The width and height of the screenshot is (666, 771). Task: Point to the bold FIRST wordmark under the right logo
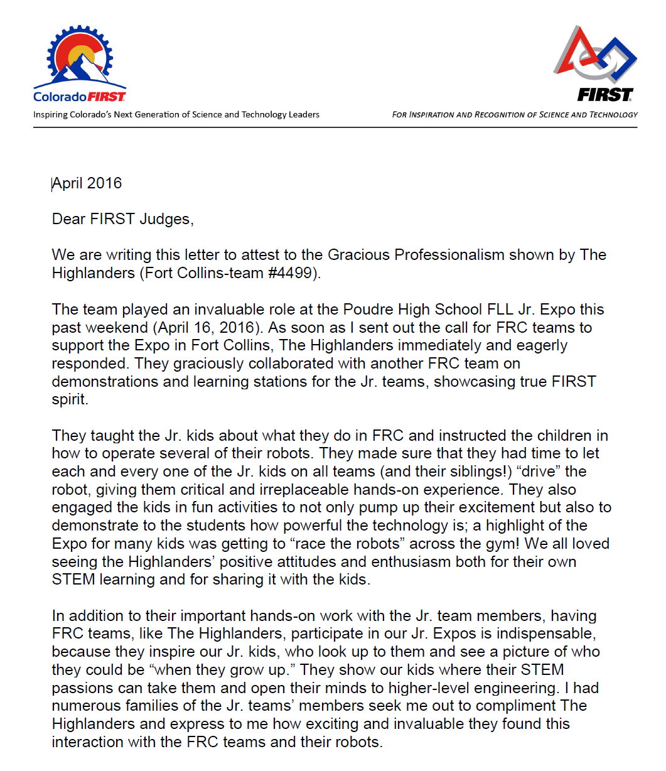point(605,95)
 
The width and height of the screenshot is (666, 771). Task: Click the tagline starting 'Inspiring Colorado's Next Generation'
point(176,114)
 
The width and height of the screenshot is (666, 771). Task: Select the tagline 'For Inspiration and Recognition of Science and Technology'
point(514,114)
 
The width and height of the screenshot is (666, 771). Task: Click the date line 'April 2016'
point(87,183)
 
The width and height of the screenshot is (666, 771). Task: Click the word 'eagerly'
point(540,345)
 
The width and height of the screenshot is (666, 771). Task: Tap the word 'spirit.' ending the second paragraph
point(70,400)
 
